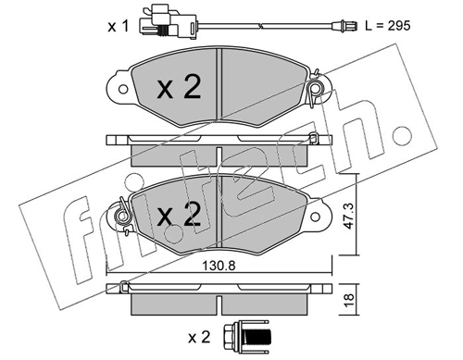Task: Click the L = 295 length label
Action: [x=388, y=26]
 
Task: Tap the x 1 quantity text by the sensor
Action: [x=118, y=27]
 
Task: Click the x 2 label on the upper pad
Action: [x=179, y=87]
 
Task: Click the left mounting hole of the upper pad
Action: [x=123, y=90]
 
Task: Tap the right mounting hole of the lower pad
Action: [x=315, y=217]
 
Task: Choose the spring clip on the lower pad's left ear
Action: [x=122, y=216]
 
